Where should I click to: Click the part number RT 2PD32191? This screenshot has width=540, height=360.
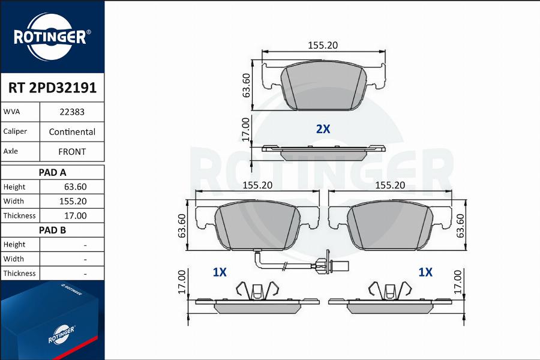[x=52, y=88]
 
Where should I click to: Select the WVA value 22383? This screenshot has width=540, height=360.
[x=72, y=112]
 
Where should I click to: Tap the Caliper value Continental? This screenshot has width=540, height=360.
[x=72, y=132]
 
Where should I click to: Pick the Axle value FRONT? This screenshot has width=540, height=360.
[x=72, y=152]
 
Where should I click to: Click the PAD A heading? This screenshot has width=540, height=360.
[x=52, y=172]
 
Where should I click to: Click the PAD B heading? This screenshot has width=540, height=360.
[x=52, y=230]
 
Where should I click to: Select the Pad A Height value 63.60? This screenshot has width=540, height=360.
[x=76, y=187]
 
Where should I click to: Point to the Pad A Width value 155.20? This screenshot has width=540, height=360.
[x=73, y=201]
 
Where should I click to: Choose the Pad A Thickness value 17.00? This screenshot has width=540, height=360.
[x=76, y=215]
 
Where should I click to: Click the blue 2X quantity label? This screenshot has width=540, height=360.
[x=323, y=129]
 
